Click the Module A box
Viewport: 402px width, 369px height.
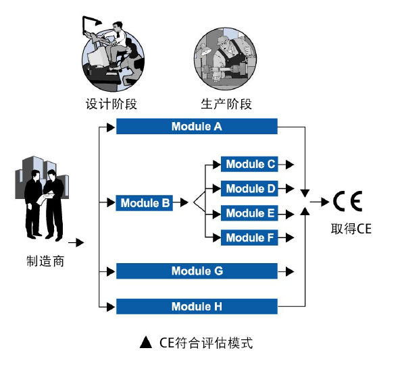point(197,126)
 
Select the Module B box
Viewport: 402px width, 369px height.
point(145,202)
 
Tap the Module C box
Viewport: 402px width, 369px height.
point(250,164)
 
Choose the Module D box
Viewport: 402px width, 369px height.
point(250,189)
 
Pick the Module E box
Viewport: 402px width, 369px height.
point(250,213)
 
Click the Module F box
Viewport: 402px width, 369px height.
point(250,237)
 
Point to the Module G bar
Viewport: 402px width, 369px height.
point(197,271)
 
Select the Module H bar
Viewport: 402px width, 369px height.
point(197,307)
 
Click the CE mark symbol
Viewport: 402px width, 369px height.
point(347,201)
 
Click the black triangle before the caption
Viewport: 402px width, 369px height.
point(145,343)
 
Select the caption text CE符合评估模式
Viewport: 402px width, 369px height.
point(206,343)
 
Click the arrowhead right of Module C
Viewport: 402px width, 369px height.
point(290,164)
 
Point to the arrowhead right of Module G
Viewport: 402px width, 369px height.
point(290,271)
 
